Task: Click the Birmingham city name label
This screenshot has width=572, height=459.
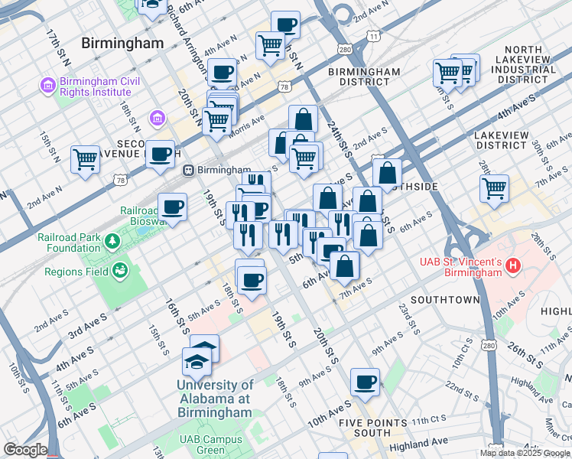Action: point(122,43)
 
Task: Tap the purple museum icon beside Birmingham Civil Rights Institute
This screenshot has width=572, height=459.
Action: point(48,84)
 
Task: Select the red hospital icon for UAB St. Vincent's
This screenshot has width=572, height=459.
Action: point(513,265)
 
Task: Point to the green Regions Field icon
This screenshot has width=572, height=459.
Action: point(120,270)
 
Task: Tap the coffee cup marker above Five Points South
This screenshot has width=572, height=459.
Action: point(366,382)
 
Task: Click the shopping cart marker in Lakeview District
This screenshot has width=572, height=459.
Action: point(495,187)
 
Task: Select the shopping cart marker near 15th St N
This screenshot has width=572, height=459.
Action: point(85,159)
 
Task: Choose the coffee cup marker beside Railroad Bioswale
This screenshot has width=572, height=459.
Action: point(172,207)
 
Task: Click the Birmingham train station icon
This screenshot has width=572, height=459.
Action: point(187,170)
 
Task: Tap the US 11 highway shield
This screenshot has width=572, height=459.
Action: point(373,36)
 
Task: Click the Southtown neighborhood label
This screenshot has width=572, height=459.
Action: point(444,299)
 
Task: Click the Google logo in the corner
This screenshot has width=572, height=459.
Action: point(24,450)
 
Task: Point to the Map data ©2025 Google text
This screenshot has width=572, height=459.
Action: point(525,453)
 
